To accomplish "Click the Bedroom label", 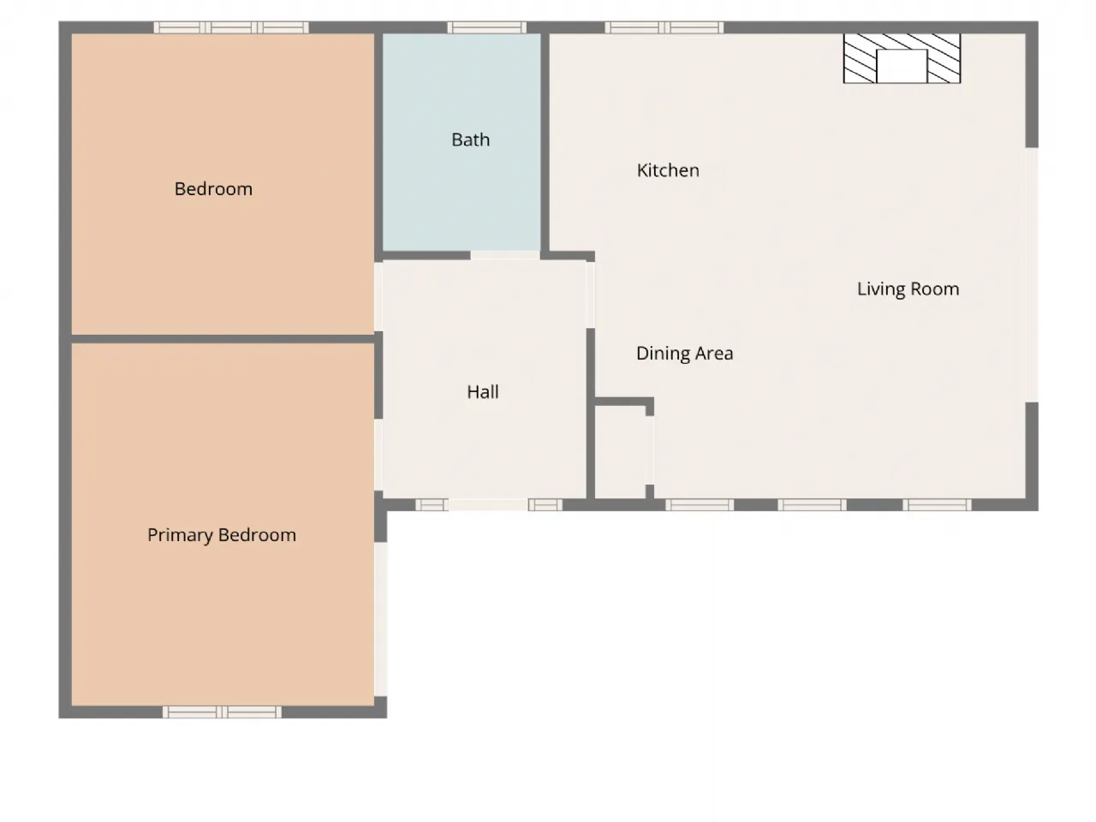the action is [x=213, y=188].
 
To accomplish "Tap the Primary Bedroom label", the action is [x=222, y=535].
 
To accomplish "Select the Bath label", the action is [x=470, y=140].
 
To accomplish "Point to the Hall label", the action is [x=482, y=392].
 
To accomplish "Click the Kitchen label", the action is [x=668, y=170].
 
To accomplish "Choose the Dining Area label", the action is [x=684, y=354].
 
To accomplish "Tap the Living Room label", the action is [x=908, y=289].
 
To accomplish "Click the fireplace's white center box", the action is [x=902, y=66].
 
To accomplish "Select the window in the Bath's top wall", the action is [x=486, y=27].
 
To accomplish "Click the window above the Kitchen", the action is [x=664, y=27].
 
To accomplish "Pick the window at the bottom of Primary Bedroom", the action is [x=222, y=712].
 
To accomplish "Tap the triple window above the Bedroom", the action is [x=230, y=27].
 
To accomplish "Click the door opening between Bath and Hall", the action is [x=505, y=255].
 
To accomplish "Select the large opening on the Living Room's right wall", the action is [x=1032, y=275].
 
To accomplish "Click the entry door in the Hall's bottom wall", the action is [x=488, y=504].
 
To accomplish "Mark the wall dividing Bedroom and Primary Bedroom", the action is [x=223, y=339].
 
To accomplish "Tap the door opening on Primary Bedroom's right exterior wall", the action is [x=380, y=619].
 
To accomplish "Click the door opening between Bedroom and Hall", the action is [x=378, y=296].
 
